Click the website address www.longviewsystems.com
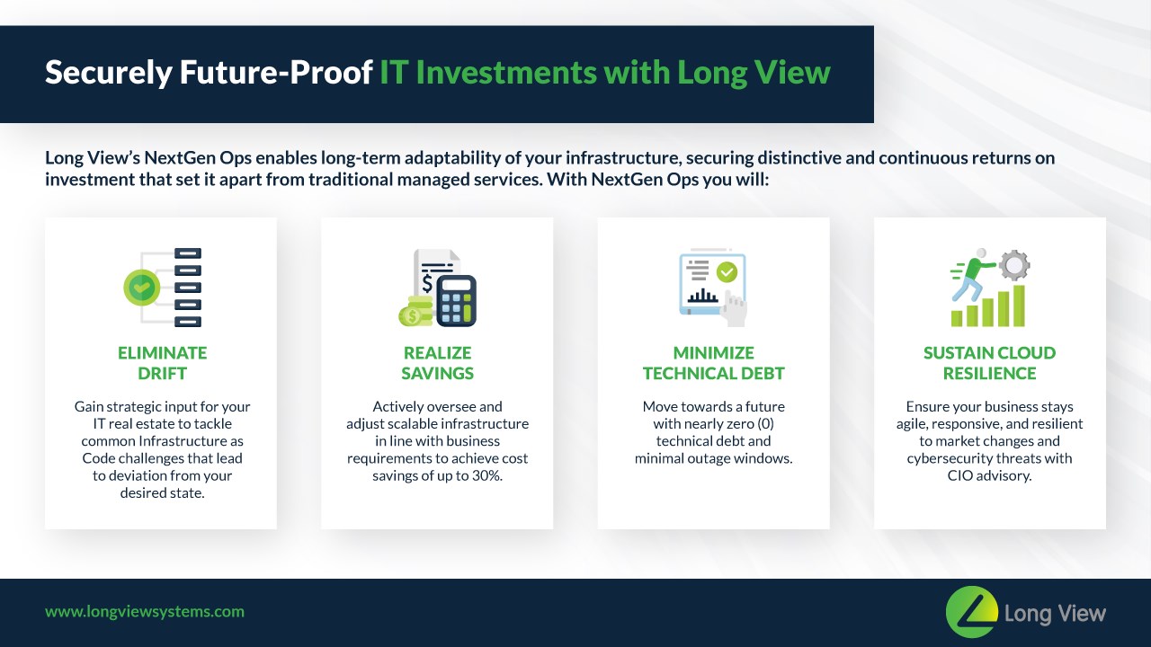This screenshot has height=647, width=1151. [145, 612]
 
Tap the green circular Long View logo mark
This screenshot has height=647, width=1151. [972, 612]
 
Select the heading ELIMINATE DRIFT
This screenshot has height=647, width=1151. [163, 363]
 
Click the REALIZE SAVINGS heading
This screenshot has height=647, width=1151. [437, 363]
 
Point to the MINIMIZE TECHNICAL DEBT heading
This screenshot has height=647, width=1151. [714, 363]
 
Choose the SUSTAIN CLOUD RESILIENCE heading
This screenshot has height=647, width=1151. [990, 363]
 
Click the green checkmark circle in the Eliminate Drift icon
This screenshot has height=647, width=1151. [142, 288]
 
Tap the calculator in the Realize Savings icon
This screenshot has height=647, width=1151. [456, 301]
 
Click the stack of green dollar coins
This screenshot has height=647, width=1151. [415, 311]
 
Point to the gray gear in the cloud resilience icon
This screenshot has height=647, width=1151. [1014, 265]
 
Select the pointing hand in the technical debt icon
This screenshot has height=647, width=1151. [734, 308]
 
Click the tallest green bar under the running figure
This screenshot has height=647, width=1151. [1020, 306]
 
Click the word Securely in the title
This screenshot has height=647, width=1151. [109, 73]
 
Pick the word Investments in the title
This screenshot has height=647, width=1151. [506, 72]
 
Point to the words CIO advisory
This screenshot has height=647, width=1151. [990, 475]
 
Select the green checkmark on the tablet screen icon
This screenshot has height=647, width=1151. [727, 272]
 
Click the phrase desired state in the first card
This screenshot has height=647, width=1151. [163, 493]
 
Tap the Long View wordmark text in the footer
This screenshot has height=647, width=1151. [1055, 613]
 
